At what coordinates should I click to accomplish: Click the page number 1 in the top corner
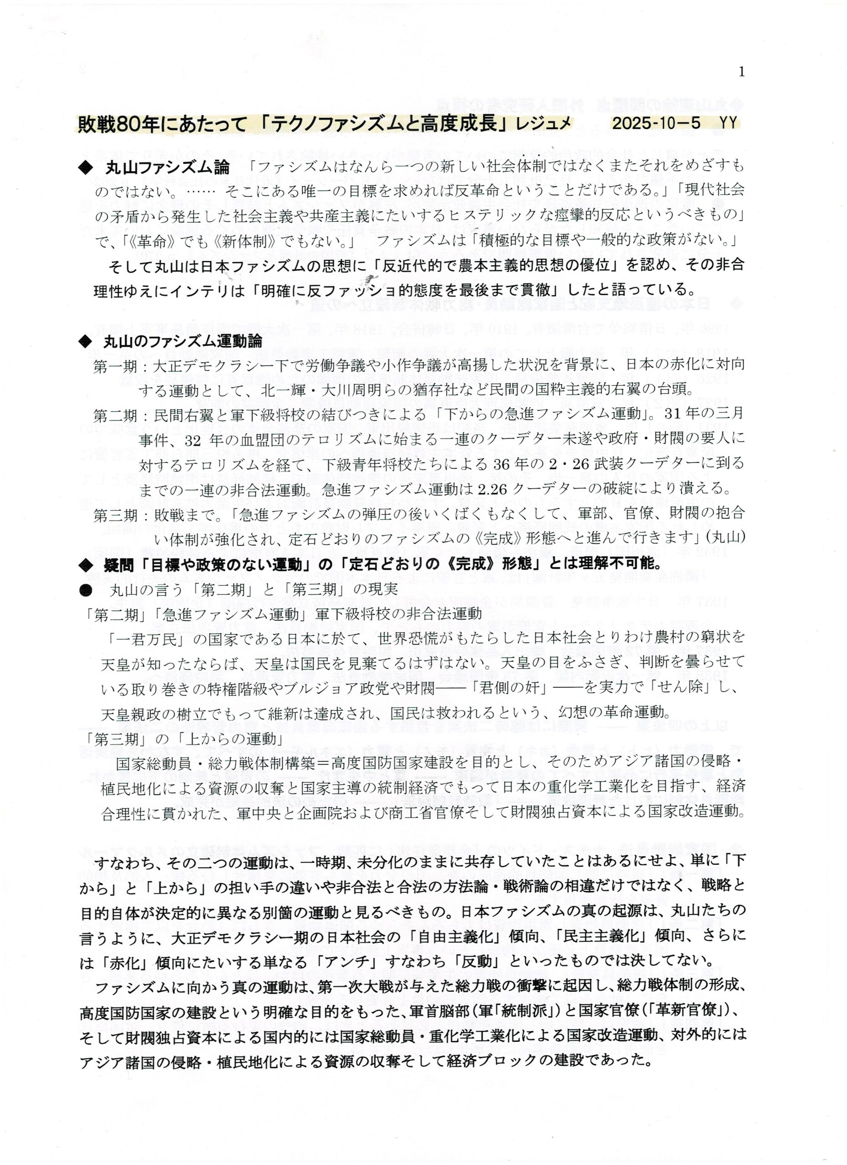coord(740,72)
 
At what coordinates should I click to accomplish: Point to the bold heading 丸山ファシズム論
coord(167,168)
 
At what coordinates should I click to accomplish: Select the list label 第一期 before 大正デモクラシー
coord(116,366)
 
